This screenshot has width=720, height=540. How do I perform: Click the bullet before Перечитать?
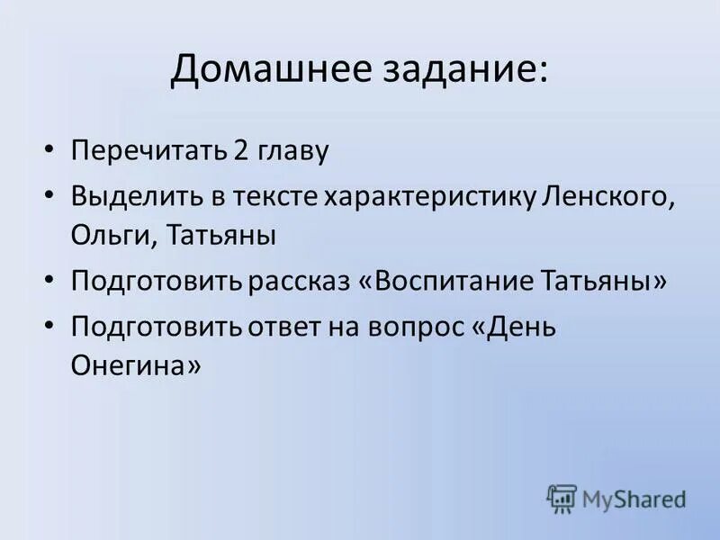point(50,149)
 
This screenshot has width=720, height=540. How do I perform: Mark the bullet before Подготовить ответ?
point(50,325)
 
